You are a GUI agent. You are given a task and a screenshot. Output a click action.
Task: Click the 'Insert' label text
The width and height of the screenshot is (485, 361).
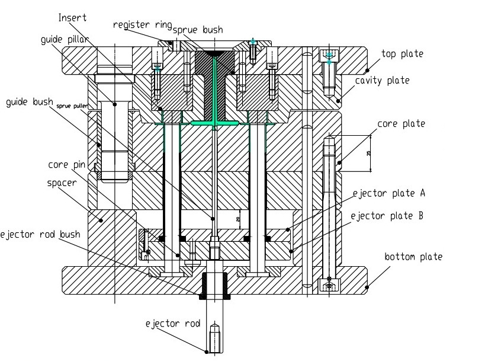click(72, 17)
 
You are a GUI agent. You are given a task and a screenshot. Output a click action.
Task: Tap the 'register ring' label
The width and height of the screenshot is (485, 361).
click(142, 25)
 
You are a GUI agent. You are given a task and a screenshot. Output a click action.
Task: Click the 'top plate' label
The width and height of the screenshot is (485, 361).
click(402, 54)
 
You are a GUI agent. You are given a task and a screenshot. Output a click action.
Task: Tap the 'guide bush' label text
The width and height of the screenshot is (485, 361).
click(30, 102)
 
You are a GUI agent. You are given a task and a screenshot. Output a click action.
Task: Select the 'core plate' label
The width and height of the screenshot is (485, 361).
click(401, 124)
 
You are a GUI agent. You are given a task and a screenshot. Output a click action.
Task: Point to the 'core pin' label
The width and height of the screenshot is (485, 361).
click(66, 164)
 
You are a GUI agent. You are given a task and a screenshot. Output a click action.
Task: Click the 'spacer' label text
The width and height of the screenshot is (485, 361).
click(62, 183)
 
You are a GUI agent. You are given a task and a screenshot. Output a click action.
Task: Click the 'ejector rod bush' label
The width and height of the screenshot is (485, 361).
click(40, 234)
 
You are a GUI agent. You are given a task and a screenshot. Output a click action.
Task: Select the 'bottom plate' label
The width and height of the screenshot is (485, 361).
click(413, 257)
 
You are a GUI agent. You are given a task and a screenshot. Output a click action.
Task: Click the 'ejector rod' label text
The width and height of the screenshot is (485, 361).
click(172, 324)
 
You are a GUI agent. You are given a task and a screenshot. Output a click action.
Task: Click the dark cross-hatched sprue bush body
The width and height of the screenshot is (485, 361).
click(214, 83)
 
